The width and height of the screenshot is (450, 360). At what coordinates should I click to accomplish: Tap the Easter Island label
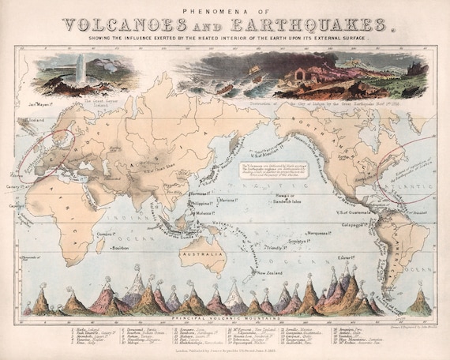point(348,257)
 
